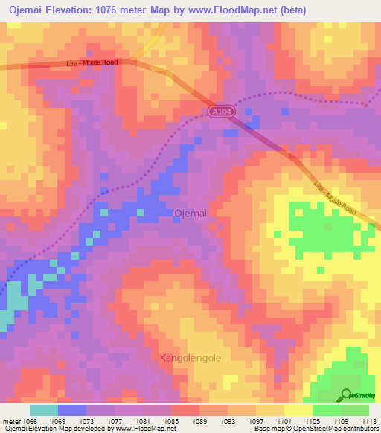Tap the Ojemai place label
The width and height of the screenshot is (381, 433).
190,213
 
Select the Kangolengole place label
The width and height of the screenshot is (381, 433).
190,359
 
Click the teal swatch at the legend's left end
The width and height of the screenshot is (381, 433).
44,410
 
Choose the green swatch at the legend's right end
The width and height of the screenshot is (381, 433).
354,410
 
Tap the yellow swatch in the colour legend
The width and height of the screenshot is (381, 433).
298,410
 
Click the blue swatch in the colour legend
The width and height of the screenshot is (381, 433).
72,410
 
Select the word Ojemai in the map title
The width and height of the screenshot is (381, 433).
24,10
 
